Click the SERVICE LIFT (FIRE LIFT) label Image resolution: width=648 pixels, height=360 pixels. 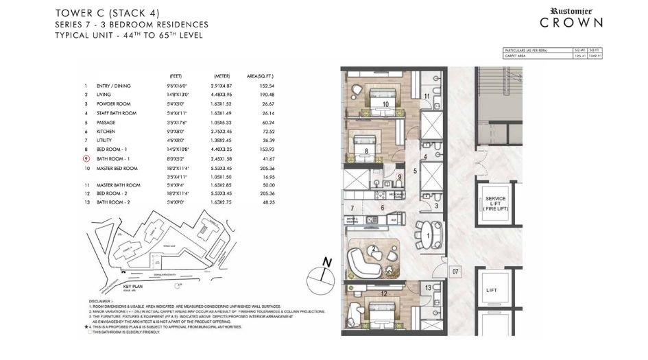click(495, 203)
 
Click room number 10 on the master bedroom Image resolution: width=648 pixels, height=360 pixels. click(386, 104)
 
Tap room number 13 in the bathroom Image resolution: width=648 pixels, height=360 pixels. click(427, 288)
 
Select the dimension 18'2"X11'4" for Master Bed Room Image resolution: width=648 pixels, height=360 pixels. click(183, 168)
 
